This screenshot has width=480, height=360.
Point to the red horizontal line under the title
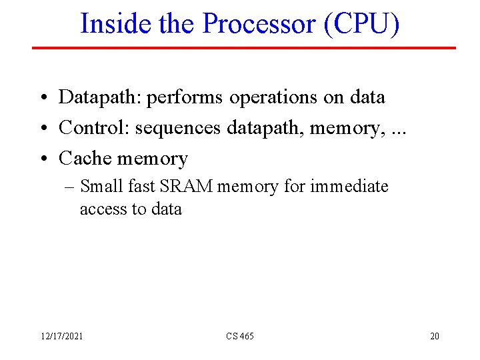point(243,48)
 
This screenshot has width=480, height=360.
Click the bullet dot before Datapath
point(41,98)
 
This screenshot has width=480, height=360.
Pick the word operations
point(273,97)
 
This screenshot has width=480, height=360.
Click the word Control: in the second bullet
point(94,127)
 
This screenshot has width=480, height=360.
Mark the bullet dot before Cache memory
point(41,159)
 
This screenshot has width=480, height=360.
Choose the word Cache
point(85,159)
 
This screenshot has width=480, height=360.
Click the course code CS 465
point(239,336)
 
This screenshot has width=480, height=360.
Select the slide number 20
point(434,336)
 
